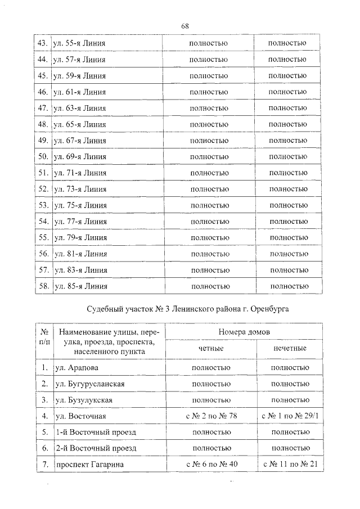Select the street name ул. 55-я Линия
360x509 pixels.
tap(79, 43)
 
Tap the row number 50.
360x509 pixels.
tap(42, 156)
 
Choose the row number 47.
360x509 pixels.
tap(42, 107)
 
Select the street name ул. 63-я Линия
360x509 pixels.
tap(79, 107)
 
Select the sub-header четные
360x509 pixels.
tap(211, 349)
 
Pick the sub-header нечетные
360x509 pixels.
tap(290, 349)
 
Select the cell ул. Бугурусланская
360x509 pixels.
tap(90, 384)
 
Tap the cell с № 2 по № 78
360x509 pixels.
tap(211, 417)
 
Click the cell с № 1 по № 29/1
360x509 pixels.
tap(290, 417)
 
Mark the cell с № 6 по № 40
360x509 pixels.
tap(211, 465)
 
